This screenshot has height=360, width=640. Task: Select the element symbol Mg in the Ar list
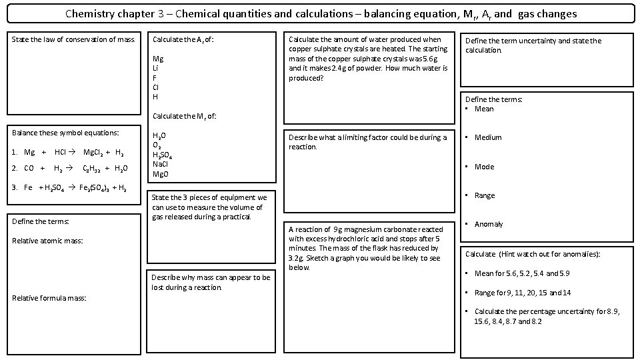tap(158, 59)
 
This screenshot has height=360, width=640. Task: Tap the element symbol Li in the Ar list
tap(155, 68)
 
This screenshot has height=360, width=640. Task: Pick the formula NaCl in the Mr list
tap(160, 164)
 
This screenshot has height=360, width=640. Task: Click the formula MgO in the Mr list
tap(160, 174)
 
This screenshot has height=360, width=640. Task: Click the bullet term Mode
tap(484, 167)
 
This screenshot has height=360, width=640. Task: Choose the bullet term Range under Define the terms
tap(485, 195)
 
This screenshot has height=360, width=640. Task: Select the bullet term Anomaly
tap(488, 224)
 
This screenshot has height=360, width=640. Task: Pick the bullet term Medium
tap(488, 137)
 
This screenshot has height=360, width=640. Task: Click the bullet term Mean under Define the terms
tap(484, 109)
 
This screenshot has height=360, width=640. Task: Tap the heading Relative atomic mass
tap(48, 241)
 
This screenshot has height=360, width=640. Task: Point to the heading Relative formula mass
tap(49, 298)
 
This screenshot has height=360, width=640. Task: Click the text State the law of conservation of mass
tap(73, 40)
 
